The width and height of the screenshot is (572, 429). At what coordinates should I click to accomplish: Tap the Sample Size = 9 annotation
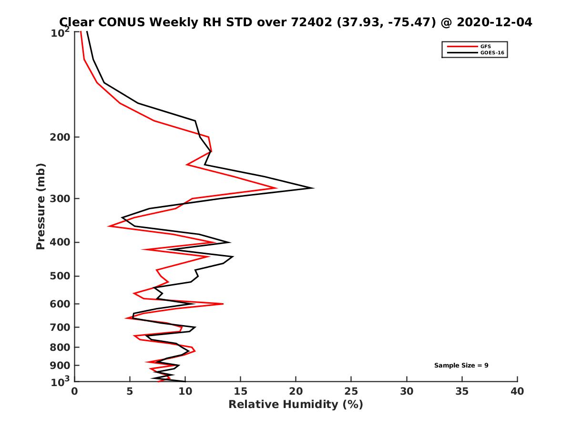pyautogui.click(x=461, y=366)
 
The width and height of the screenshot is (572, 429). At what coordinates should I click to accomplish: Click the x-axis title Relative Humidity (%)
pyautogui.click(x=296, y=405)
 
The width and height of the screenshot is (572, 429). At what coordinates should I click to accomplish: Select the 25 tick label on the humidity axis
pyautogui.click(x=351, y=391)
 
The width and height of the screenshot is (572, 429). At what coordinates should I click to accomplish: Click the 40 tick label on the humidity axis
pyautogui.click(x=517, y=391)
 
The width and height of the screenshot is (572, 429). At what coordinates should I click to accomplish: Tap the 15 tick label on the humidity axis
pyautogui.click(x=240, y=391)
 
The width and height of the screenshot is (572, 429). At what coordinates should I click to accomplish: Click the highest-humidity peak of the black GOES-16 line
pyautogui.click(x=313, y=188)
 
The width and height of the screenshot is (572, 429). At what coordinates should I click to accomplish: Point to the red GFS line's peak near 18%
pyautogui.click(x=276, y=188)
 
